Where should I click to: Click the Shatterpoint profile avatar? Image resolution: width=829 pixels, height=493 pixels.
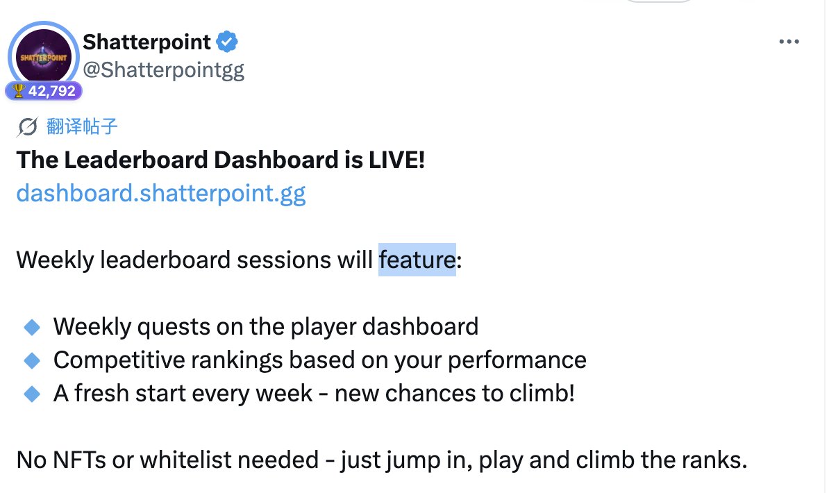click(43, 56)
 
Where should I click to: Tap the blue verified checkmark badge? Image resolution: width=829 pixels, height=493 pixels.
click(227, 42)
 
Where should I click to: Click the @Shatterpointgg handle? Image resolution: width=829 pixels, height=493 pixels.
click(163, 70)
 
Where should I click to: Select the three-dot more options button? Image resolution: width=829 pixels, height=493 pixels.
click(789, 41)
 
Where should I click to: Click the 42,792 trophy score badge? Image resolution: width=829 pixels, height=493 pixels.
click(44, 91)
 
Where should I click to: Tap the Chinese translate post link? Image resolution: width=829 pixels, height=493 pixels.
click(82, 126)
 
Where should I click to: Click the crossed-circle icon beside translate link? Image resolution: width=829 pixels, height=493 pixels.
click(28, 127)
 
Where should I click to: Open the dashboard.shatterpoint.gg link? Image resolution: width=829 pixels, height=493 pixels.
click(160, 194)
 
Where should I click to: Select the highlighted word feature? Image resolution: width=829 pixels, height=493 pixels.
click(417, 260)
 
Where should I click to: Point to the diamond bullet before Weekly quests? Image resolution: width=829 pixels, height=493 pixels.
click(32, 327)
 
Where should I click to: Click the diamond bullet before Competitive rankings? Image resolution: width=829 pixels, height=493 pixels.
click(32, 360)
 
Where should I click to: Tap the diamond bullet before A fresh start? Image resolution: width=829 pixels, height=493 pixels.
click(32, 394)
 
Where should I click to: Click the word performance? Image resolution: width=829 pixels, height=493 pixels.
click(517, 361)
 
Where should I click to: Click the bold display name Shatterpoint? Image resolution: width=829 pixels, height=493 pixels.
click(146, 42)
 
